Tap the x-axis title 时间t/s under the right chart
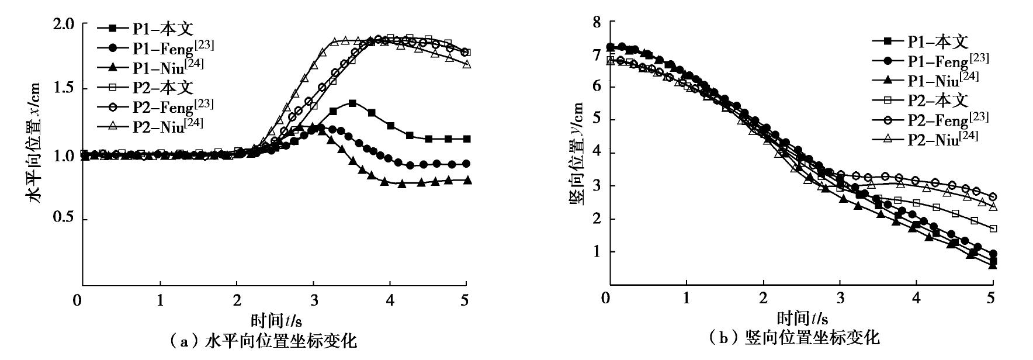[802, 319]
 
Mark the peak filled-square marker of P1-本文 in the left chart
[352, 103]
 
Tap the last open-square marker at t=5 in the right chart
[993, 229]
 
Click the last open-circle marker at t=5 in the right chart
[993, 197]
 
